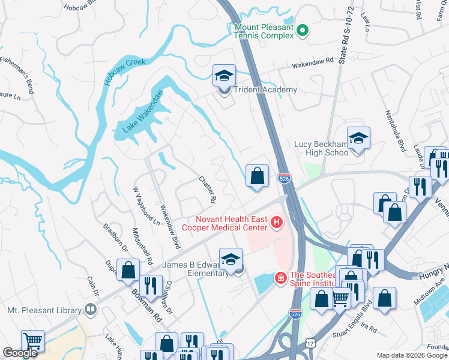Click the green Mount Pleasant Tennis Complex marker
303,31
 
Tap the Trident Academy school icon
224,76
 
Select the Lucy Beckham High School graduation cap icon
358,139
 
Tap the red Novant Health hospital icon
277,223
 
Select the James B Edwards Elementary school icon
231,260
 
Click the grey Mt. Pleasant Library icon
91,310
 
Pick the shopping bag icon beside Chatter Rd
257,176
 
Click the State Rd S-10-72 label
343,43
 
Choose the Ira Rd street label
369,329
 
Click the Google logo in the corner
20,353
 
